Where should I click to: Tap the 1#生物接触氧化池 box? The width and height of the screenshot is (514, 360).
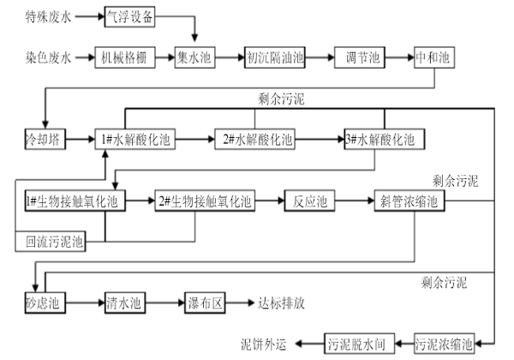click(75, 201)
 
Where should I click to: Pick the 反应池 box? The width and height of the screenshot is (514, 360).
click(309, 201)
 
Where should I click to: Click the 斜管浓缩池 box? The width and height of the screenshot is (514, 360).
click(409, 201)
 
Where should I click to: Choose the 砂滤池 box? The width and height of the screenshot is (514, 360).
click(40, 303)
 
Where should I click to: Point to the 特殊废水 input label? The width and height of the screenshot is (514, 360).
click(48, 16)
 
